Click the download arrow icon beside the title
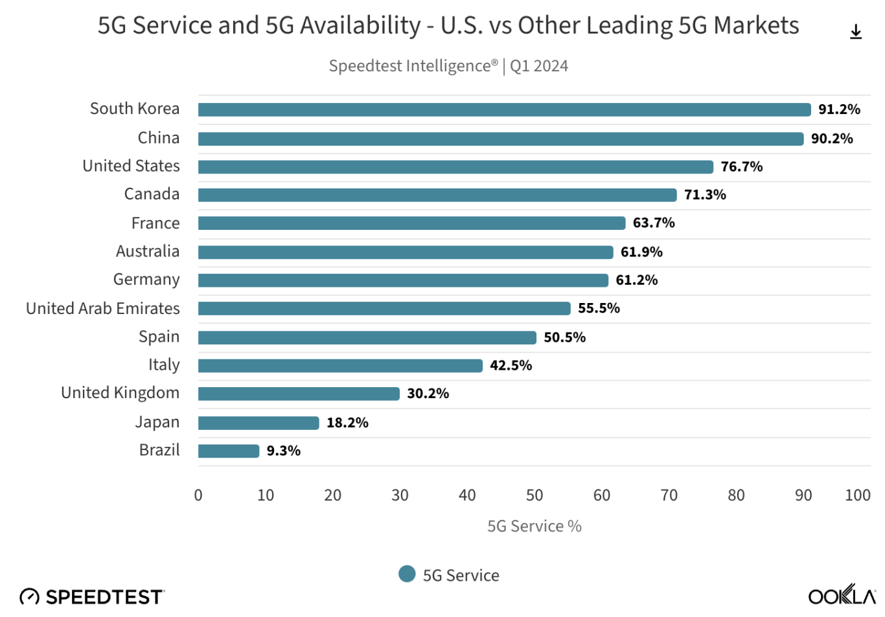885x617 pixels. tap(856, 32)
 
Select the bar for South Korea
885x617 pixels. tap(504, 109)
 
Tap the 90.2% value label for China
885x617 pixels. tap(832, 139)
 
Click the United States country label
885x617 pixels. tap(131, 166)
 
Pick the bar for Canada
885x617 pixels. tap(437, 195)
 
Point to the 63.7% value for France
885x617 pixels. tap(654, 223)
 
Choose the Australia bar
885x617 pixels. tap(406, 252)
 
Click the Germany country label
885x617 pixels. tap(146, 280)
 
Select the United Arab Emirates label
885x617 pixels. tap(103, 308)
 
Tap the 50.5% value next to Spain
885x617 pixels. tap(564, 337)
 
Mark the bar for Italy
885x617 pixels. tap(340, 366)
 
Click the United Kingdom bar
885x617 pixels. tap(299, 394)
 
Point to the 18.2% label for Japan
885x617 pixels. tap(347, 423)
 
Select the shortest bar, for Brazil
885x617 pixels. tap(229, 451)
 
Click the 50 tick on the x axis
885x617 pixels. tap(534, 495)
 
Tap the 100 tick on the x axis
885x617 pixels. tap(857, 495)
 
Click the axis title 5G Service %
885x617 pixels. tap(534, 526)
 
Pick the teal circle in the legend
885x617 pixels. tap(407, 574)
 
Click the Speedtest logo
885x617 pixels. tap(92, 596)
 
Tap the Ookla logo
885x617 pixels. tap(842, 595)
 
